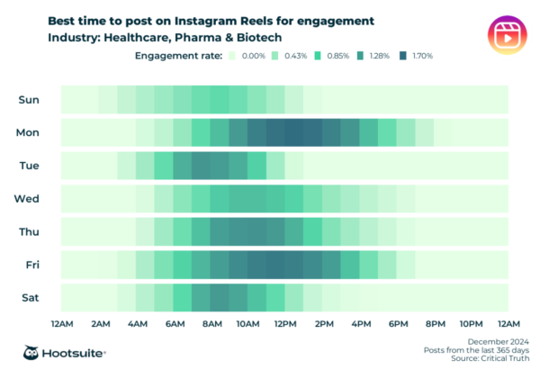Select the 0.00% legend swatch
click(232, 56)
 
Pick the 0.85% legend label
click(337, 56)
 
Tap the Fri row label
click(29, 264)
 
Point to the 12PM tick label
click(286, 322)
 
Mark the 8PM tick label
click(435, 322)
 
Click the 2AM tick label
click(100, 322)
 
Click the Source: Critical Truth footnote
click(492, 358)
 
